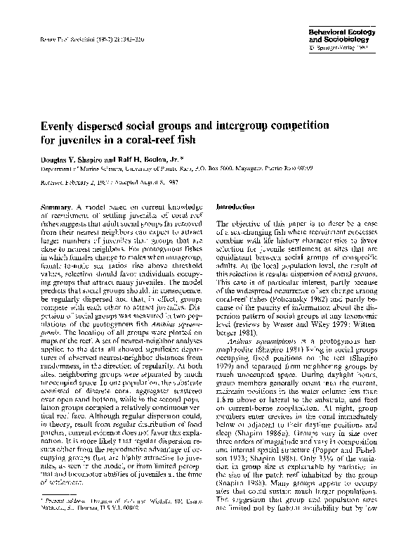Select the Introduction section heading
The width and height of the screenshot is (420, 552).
(x=237, y=208)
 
